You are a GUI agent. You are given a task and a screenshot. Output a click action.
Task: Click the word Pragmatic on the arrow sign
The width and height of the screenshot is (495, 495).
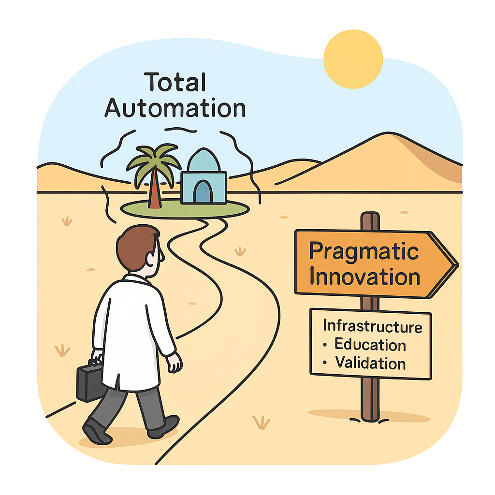pos(364,251)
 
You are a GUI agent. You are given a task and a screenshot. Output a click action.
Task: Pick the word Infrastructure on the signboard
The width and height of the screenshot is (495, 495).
pos(372,326)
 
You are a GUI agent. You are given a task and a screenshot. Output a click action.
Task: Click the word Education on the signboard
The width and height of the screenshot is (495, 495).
pos(370,345)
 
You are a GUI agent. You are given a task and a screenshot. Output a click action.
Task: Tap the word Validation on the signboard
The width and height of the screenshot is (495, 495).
pos(371,363)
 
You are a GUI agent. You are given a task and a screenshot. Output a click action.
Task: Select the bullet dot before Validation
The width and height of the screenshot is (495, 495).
pos(325,363)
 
